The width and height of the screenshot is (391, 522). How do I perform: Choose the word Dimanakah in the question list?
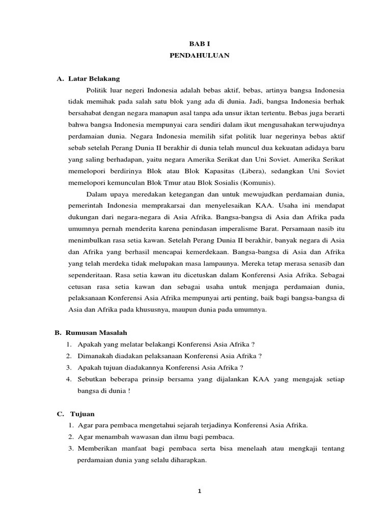tap(95, 355)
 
